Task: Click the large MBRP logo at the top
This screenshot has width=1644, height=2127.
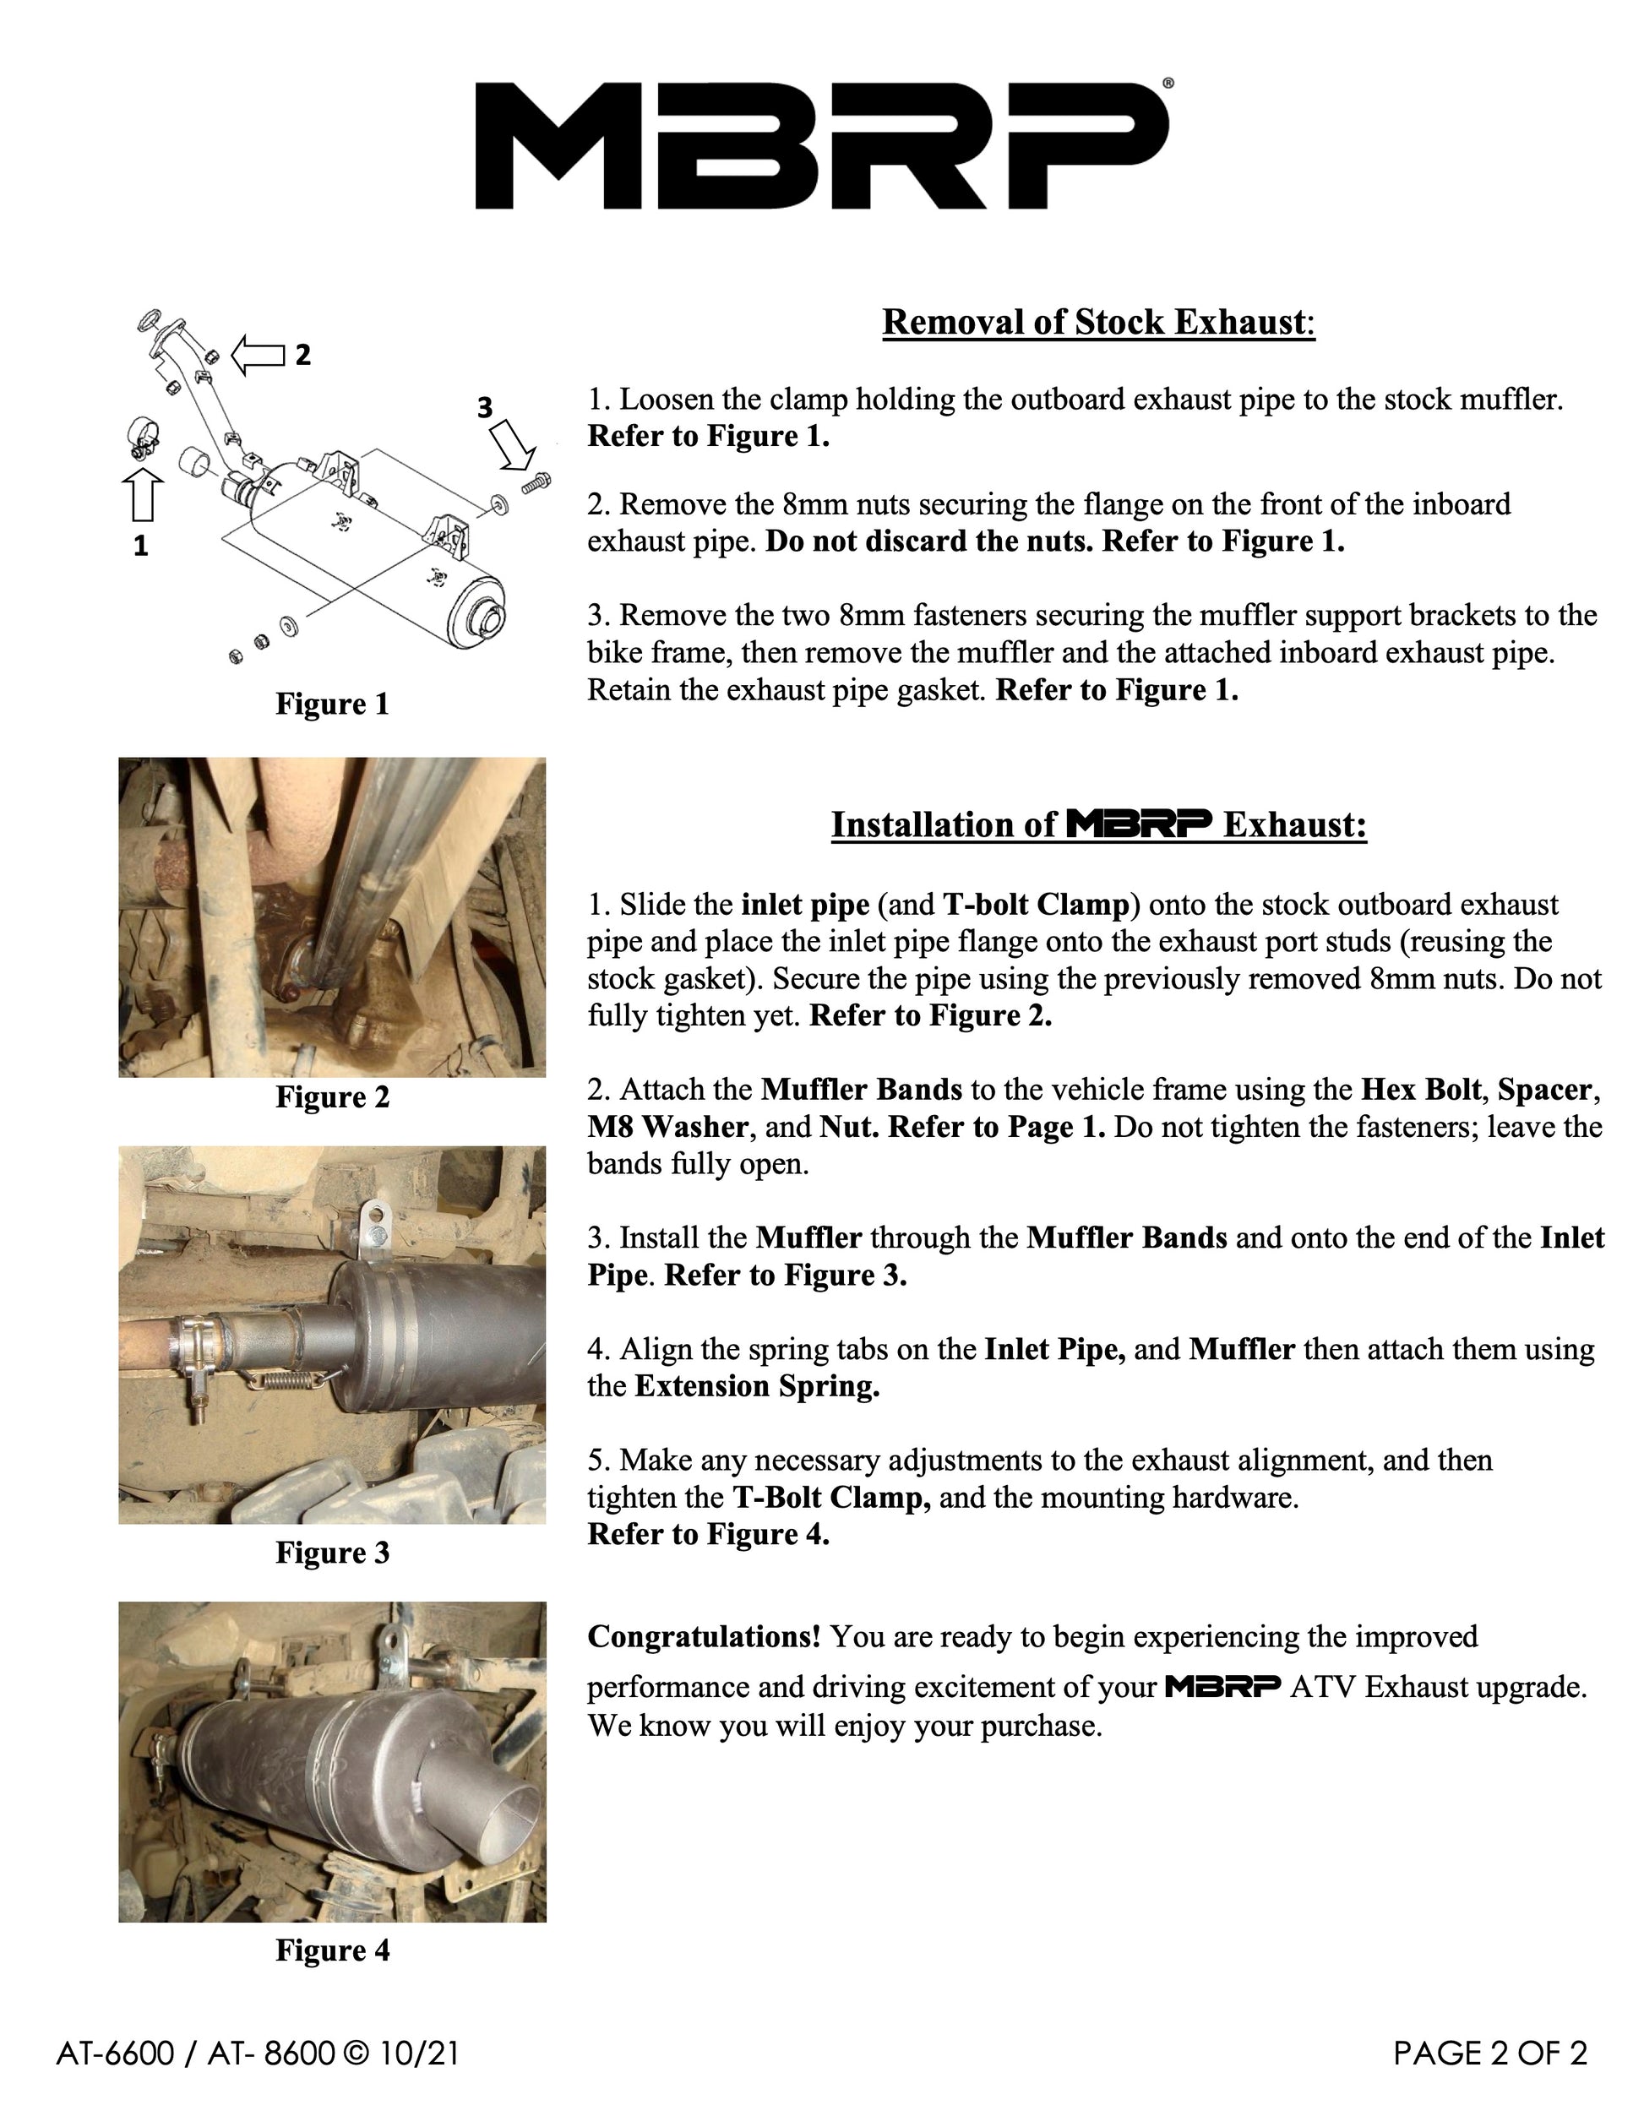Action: coord(823,145)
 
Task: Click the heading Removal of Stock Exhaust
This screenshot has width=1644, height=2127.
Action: coord(1098,323)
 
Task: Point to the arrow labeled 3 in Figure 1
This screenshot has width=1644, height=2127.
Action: coord(512,443)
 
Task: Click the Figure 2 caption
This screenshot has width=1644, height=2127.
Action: coord(332,1096)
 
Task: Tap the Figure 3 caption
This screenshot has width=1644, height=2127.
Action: coord(332,1553)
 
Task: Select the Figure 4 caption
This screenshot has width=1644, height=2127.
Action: coord(332,1950)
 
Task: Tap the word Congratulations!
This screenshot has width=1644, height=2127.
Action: coord(705,1636)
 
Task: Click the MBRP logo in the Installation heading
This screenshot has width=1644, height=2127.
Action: coord(1140,824)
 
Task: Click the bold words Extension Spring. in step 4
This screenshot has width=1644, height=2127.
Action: coord(758,1386)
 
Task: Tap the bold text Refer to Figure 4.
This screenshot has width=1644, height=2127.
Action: coord(709,1535)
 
